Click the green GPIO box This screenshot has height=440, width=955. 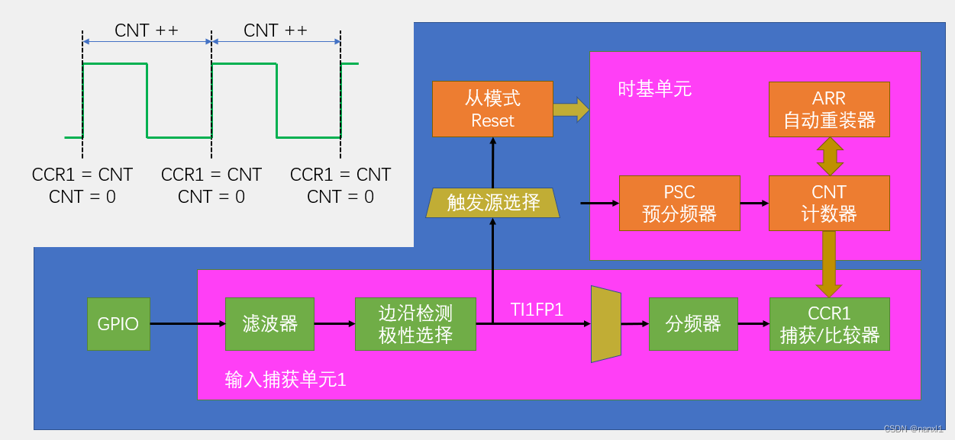[x=118, y=324]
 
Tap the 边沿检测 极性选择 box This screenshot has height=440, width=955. [x=415, y=324]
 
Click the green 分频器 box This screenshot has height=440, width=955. [x=693, y=324]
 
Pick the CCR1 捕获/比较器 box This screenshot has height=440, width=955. [x=829, y=324]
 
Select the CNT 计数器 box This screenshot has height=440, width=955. [x=829, y=203]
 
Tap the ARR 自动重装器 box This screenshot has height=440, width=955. [x=829, y=109]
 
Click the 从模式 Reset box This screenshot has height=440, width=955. [x=492, y=109]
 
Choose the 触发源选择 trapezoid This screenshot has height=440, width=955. [x=492, y=202]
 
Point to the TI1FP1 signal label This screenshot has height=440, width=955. [x=537, y=309]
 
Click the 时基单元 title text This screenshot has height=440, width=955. [x=654, y=89]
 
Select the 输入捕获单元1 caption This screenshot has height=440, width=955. [x=286, y=379]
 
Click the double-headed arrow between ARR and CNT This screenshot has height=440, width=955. [x=829, y=158]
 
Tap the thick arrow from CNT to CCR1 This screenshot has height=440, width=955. [x=829, y=264]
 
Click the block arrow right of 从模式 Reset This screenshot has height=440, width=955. [x=571, y=109]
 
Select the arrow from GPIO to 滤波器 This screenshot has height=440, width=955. [x=187, y=324]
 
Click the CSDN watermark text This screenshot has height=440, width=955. [x=913, y=429]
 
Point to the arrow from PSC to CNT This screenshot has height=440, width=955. [x=754, y=204]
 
